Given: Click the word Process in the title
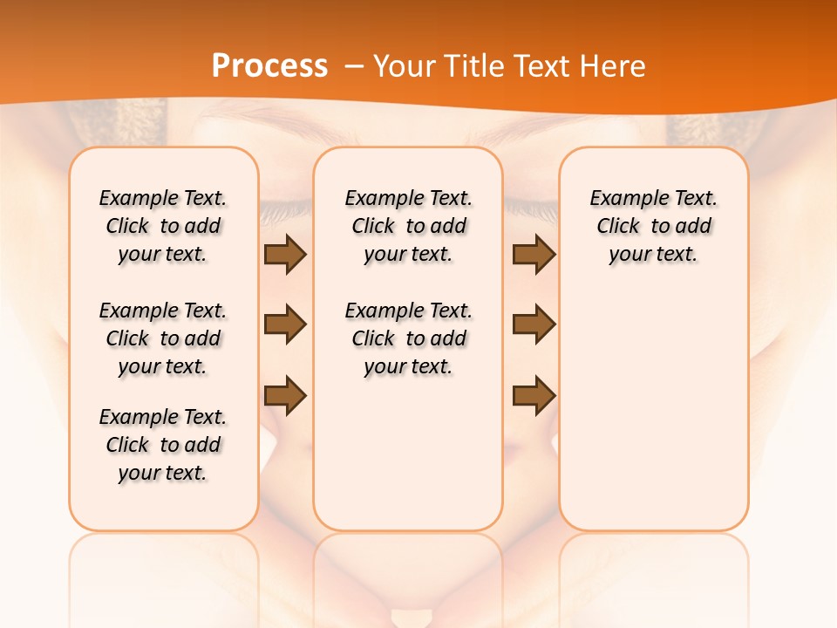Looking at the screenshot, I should click(269, 66).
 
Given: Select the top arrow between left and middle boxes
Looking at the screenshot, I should click(285, 255).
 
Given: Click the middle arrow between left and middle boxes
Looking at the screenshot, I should click(285, 325).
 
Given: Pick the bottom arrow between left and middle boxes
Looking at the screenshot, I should click(285, 395).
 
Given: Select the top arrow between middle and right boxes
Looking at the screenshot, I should click(534, 255).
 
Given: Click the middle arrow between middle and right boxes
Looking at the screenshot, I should click(534, 325).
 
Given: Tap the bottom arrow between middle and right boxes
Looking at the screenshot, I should click(534, 395).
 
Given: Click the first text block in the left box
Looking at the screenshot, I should click(163, 226).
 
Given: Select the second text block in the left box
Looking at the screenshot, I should click(163, 338).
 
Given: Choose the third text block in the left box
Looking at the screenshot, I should click(163, 445).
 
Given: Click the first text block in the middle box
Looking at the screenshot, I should click(408, 226).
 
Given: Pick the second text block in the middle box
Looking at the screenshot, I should click(408, 338).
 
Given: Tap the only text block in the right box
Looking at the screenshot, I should click(653, 226).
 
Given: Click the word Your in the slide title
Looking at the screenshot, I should click(403, 66).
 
